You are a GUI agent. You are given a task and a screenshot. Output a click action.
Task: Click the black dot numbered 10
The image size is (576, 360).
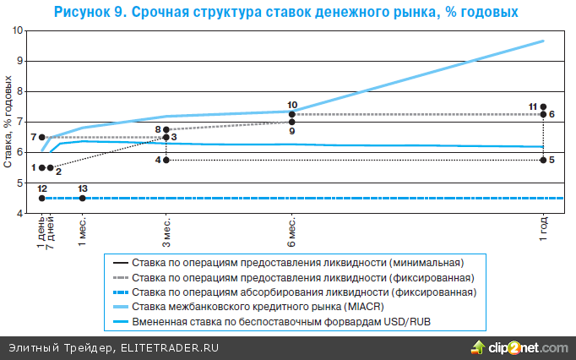point(292,113)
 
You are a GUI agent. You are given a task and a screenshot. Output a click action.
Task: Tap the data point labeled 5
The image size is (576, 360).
point(542,160)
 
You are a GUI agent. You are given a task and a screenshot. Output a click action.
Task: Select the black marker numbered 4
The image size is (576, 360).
point(166,160)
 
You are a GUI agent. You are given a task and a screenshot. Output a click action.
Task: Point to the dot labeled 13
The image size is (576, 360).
point(82,198)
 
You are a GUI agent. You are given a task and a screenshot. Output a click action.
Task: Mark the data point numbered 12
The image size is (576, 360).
point(42,198)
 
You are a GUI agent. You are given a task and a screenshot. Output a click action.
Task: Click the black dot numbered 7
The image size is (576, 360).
point(42,137)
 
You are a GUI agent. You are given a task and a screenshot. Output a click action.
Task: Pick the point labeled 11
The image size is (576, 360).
point(542,106)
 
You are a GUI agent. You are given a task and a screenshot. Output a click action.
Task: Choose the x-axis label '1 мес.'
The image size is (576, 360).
point(83,231)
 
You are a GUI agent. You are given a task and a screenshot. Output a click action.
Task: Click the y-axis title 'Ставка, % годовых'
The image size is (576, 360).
point(8,122)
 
